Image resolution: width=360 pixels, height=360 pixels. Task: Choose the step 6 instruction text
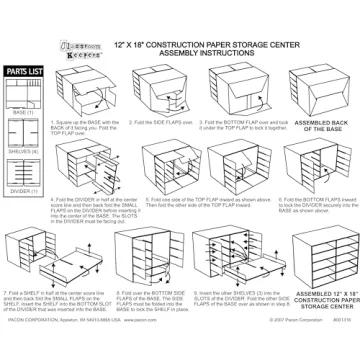(241, 207)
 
